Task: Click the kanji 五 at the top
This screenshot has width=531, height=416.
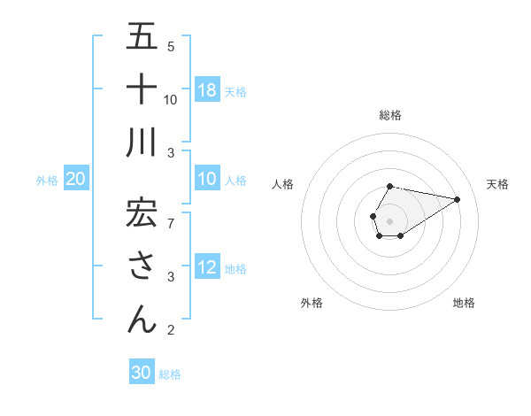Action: [142, 36]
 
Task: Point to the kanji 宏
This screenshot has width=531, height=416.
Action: [142, 212]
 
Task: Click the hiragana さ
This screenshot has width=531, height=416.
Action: [142, 266]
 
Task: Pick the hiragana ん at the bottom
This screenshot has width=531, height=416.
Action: [142, 319]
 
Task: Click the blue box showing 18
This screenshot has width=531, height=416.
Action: [207, 89]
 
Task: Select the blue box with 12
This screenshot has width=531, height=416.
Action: [207, 268]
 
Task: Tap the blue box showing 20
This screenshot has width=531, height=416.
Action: [76, 180]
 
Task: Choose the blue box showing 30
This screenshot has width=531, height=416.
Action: [142, 373]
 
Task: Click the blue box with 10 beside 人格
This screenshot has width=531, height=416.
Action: [207, 180]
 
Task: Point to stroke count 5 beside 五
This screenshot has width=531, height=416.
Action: [171, 47]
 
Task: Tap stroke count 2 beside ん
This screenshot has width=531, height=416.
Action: [171, 331]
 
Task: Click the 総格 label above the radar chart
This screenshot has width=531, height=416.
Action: [389, 115]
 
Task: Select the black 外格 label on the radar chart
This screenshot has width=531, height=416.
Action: [312, 303]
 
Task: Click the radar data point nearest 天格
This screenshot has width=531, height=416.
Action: [457, 199]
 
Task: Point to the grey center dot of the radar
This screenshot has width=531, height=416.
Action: [389, 220]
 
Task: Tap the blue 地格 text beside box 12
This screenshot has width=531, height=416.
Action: [236, 269]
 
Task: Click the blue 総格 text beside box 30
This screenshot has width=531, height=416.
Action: [170, 374]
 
